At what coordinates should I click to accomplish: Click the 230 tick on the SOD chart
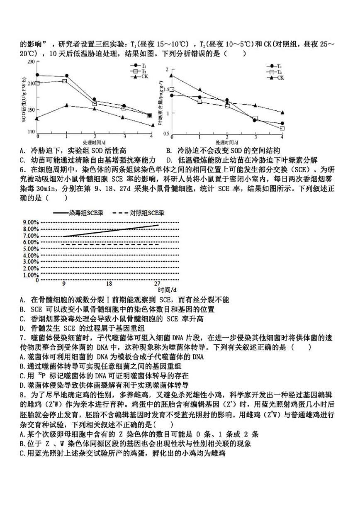point(31,62)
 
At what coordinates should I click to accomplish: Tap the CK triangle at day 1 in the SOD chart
point(67,105)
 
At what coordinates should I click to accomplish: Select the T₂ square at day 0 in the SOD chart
point(38,83)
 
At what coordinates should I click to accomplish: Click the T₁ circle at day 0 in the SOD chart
point(38,75)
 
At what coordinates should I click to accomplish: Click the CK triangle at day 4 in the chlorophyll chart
point(282,112)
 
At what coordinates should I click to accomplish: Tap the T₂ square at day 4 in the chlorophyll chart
point(282,129)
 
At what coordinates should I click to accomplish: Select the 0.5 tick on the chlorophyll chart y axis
point(167,133)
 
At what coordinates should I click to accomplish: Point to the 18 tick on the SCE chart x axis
point(109,284)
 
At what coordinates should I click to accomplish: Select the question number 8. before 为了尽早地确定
point(22,395)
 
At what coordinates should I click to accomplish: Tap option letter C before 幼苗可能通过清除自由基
point(22,160)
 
